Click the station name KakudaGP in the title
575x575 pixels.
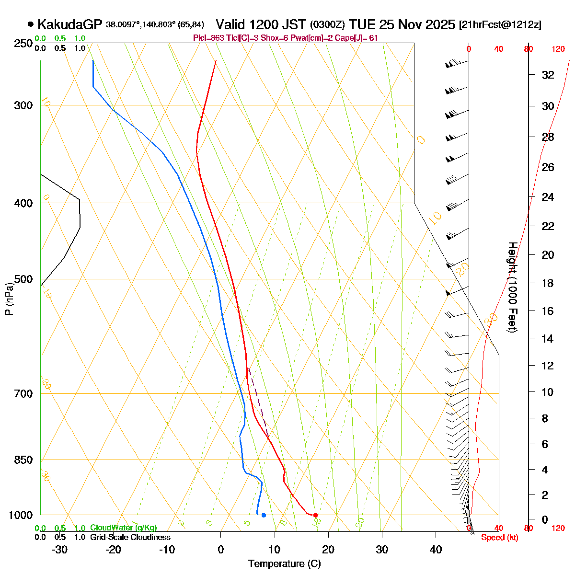(70, 24)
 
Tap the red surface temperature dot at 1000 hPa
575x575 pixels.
(315, 515)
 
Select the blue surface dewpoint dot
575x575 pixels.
(264, 515)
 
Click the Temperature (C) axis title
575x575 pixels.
(285, 563)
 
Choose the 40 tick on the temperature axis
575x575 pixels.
(436, 549)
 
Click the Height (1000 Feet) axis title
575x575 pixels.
(512, 287)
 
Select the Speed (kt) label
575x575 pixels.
(500, 538)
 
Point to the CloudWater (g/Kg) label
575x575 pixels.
(123, 528)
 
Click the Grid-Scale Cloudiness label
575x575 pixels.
(130, 537)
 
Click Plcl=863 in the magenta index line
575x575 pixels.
(207, 38)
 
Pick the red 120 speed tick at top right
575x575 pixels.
(558, 48)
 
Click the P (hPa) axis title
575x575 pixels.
(9, 298)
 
